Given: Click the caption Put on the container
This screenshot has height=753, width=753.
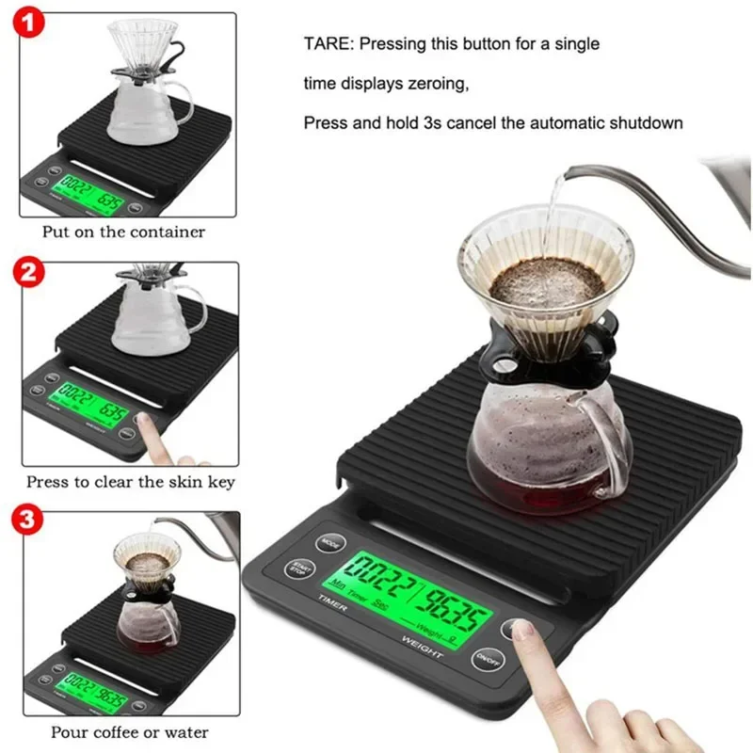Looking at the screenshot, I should tap(123, 232).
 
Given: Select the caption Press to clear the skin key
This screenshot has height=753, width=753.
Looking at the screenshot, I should tap(130, 482).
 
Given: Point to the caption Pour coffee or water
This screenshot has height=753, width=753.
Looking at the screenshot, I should tap(130, 731).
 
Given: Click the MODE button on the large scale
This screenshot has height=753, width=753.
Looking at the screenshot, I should tap(328, 543).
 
